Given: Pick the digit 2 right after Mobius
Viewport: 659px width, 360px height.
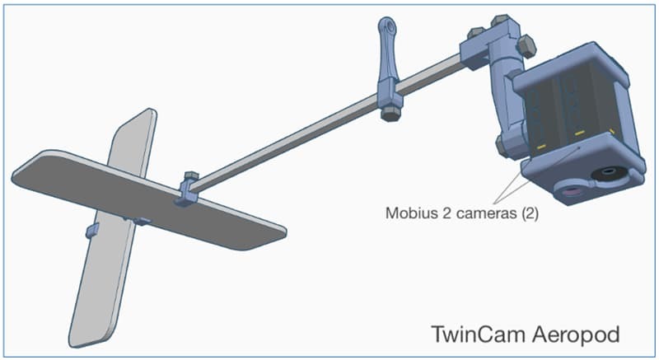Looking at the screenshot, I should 443,212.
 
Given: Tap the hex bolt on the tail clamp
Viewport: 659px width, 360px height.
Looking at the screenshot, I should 190,178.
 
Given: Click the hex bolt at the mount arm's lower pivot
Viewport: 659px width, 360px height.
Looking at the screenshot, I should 501,147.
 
